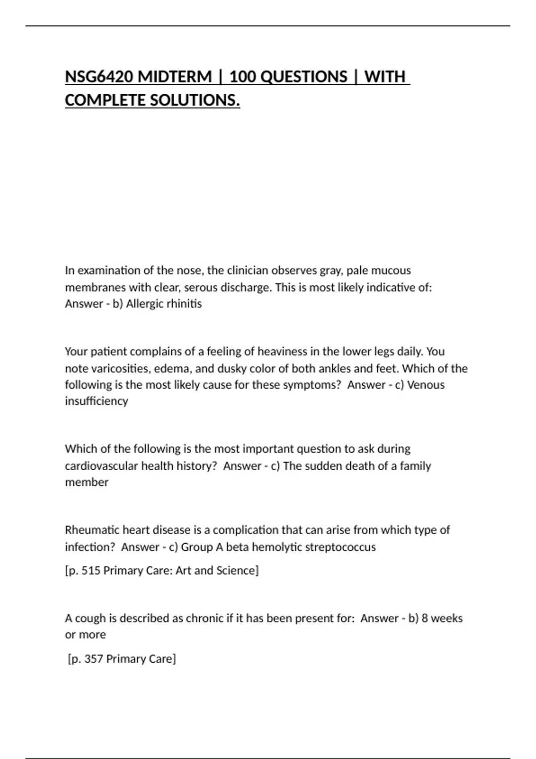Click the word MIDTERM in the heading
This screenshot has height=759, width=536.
pos(175,77)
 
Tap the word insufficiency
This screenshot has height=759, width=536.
pos(96,401)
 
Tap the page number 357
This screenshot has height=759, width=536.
pos(94,659)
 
